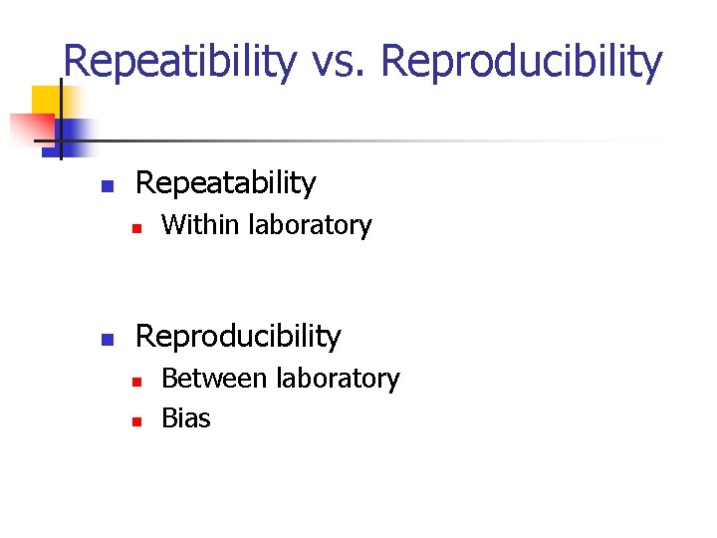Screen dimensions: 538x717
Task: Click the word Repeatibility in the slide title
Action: pyautogui.click(x=179, y=62)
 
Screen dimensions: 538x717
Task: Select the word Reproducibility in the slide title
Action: pyautogui.click(x=521, y=62)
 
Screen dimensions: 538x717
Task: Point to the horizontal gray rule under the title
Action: pyautogui.click(x=398, y=140)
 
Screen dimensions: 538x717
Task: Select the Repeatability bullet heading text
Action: pyautogui.click(x=225, y=183)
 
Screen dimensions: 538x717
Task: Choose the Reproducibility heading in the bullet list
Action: pyautogui.click(x=237, y=337)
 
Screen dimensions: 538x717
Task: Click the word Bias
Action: pyautogui.click(x=186, y=418)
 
